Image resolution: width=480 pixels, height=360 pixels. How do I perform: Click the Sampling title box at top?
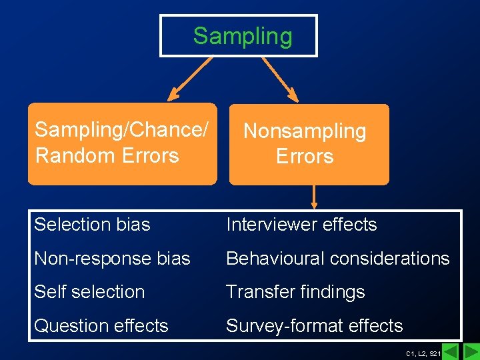[239, 36]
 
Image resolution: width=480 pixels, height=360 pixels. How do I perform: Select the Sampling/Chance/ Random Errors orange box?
[122, 143]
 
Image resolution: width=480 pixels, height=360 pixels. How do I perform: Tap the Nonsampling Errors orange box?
[309, 143]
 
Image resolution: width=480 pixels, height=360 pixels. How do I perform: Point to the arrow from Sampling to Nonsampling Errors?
[279, 77]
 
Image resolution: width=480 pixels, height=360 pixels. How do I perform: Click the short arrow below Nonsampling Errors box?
[314, 197]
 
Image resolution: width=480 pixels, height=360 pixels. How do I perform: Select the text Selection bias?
[92, 225]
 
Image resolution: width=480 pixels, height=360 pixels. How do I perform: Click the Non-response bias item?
[112, 259]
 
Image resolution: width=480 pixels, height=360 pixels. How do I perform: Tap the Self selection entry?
[89, 292]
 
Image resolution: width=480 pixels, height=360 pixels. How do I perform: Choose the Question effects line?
[101, 326]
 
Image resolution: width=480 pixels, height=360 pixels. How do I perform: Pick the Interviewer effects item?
[301, 225]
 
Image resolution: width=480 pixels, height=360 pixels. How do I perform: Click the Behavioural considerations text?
[337, 259]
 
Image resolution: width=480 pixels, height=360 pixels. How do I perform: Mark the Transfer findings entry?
[295, 292]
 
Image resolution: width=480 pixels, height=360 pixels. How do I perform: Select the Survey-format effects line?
[314, 326]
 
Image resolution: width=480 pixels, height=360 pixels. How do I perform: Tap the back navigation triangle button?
[451, 351]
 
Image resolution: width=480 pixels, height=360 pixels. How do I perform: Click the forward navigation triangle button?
[471, 351]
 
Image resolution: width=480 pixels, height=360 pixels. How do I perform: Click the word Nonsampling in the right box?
[305, 131]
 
